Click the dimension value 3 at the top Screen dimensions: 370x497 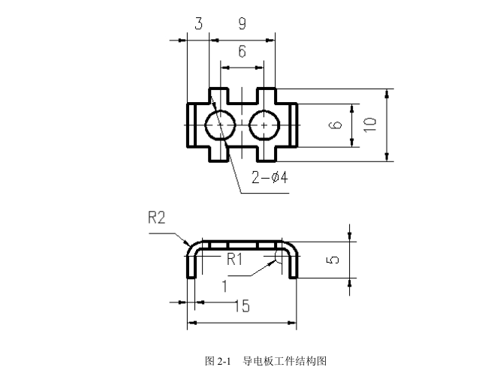click(x=198, y=24)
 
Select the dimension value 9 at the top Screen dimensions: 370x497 click(x=242, y=24)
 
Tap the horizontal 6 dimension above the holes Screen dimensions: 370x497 click(x=242, y=52)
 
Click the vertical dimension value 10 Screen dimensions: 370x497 click(x=369, y=125)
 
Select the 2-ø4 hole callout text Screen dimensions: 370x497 click(x=270, y=179)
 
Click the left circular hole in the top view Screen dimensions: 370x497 click(x=218, y=124)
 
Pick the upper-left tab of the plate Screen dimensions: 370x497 click(x=218, y=95)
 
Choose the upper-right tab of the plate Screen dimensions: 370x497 click(x=267, y=95)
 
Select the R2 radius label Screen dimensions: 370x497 click(x=156, y=218)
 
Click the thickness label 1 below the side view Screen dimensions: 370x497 click(x=224, y=285)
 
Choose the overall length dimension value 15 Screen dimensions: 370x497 click(x=242, y=306)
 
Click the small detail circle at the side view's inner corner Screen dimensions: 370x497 click(x=279, y=256)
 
